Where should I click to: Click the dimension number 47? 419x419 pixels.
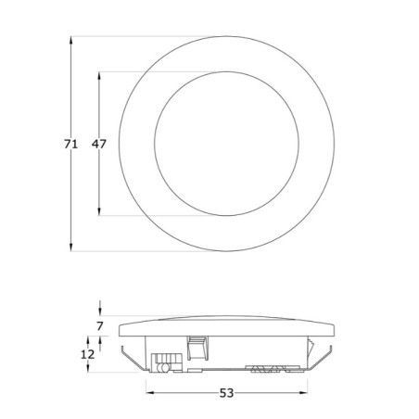point(99,143)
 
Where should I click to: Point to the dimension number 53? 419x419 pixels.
point(227,393)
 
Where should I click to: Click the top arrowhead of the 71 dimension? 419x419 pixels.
point(70,42)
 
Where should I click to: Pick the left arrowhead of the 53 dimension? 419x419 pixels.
point(148,393)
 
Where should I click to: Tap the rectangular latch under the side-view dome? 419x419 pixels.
point(196,349)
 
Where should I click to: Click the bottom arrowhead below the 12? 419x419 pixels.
point(89,369)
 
